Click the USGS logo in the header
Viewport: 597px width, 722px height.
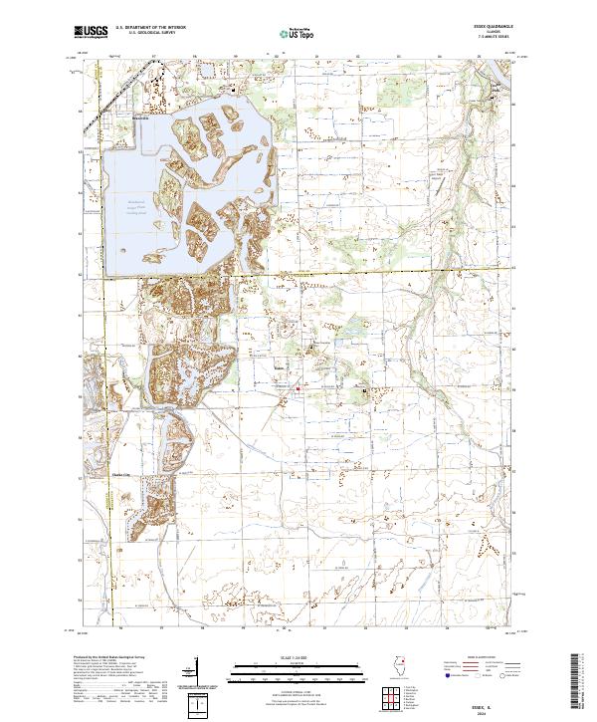point(92,34)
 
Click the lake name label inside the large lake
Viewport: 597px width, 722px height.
point(134,206)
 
